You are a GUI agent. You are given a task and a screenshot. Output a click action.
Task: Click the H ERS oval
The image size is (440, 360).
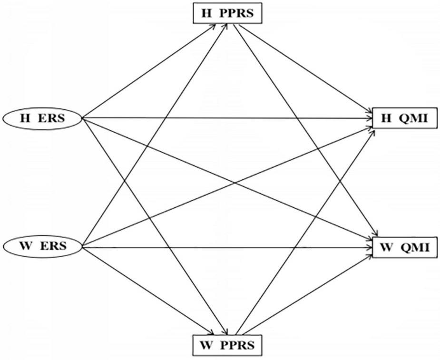click(43, 118)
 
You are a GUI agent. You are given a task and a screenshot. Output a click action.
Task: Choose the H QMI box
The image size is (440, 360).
click(404, 119)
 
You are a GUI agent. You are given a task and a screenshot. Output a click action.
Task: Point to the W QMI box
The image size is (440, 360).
click(404, 247)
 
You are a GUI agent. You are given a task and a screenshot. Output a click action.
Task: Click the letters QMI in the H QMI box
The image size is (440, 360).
click(414, 119)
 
